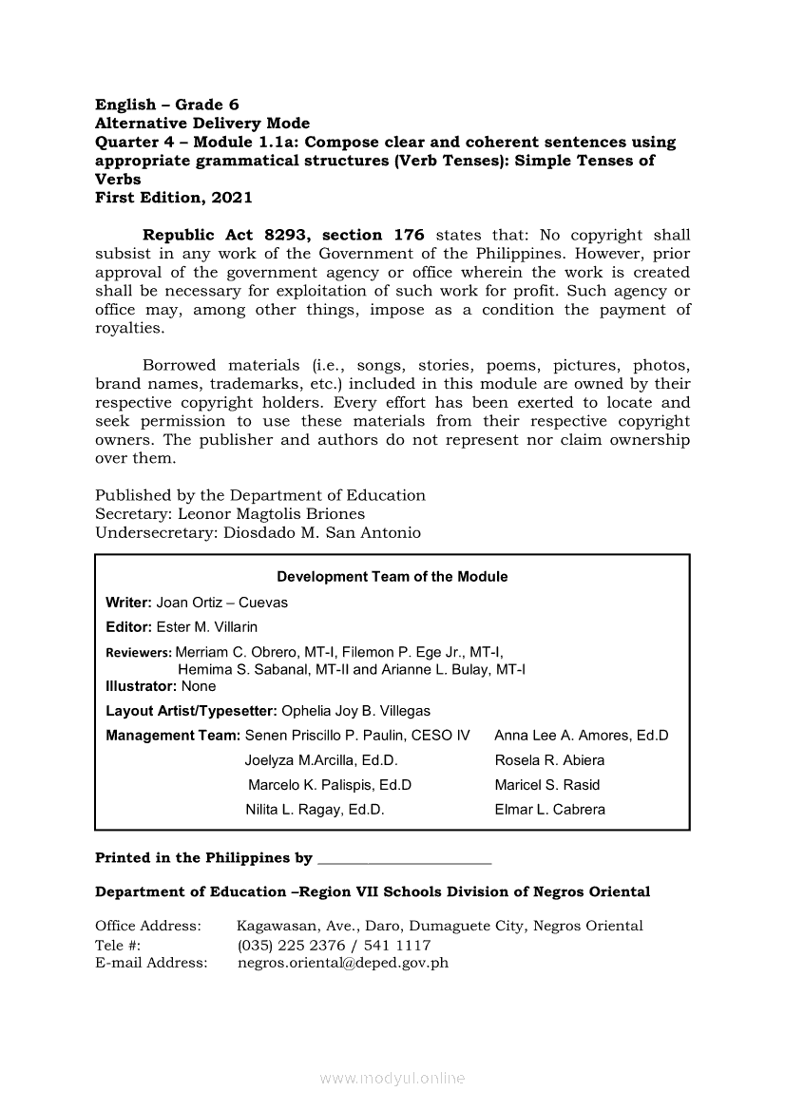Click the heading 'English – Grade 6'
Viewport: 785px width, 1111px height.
click(167, 105)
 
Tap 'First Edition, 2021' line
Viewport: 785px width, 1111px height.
click(174, 198)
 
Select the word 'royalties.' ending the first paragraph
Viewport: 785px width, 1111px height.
click(130, 328)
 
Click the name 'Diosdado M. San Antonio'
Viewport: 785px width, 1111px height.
click(322, 532)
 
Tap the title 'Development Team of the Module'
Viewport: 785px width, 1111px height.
click(392, 577)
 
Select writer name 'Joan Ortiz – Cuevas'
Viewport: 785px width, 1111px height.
click(221, 603)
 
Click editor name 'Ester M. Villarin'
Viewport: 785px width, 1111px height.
click(206, 627)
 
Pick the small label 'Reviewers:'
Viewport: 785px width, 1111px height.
click(139, 653)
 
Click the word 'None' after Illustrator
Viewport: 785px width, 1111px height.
click(199, 686)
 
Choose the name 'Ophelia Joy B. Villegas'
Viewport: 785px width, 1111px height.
click(355, 711)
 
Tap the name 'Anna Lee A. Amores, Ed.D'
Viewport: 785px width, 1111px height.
click(582, 736)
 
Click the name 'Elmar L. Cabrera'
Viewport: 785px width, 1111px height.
click(549, 810)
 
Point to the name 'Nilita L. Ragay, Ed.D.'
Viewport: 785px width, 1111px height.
click(315, 810)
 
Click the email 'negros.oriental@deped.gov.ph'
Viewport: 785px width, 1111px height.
click(342, 963)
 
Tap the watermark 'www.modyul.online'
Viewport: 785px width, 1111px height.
click(392, 1079)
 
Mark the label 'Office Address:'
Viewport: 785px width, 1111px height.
click(148, 926)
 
